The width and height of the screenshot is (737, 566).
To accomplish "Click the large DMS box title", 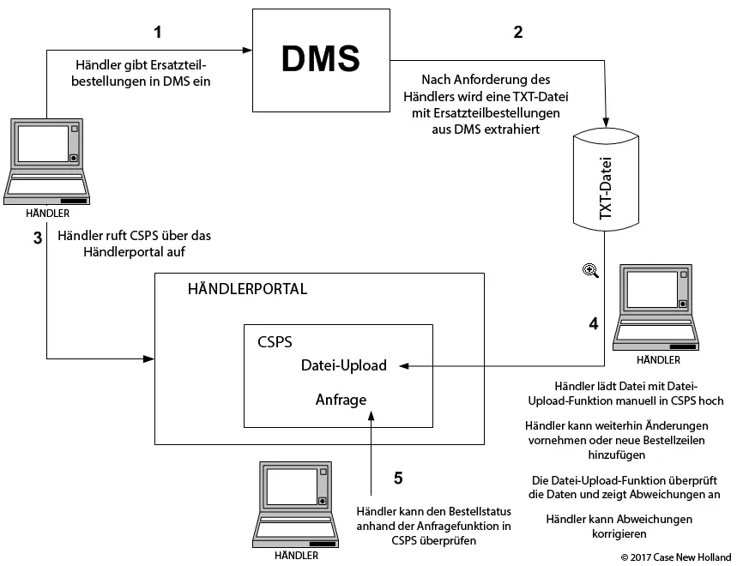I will click(x=321, y=59).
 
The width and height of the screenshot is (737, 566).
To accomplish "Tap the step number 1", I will click(x=157, y=33).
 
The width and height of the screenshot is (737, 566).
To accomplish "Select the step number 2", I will click(x=517, y=33).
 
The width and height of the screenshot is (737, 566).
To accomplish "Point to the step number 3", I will click(x=38, y=238).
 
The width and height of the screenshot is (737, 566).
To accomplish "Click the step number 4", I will click(x=594, y=324).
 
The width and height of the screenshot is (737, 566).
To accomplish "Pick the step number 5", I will click(x=397, y=478).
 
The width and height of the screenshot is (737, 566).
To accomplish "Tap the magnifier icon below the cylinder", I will click(x=590, y=270).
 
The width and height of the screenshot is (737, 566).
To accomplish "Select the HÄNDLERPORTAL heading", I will click(x=247, y=289).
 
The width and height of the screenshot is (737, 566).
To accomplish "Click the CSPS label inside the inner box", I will click(x=275, y=341).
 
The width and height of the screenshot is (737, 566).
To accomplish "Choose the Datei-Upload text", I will click(x=343, y=365).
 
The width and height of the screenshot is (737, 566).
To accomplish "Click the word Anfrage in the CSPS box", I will click(x=341, y=399).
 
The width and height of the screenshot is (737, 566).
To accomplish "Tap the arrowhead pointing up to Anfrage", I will click(x=371, y=414).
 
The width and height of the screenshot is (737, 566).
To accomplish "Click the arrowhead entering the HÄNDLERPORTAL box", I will click(x=148, y=356).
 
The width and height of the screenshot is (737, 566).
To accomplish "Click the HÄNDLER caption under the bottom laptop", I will click(x=296, y=555).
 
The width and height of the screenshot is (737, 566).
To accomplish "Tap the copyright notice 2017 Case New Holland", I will click(x=676, y=557).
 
